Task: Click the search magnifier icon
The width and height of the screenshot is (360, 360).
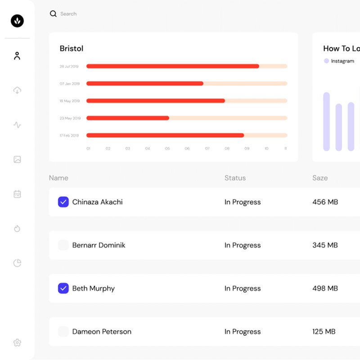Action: pos(53,14)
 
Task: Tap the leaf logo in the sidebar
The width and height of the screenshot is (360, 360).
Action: pos(17,21)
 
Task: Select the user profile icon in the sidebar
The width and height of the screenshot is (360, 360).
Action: pos(17,56)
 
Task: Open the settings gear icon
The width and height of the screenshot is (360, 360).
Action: pos(17,342)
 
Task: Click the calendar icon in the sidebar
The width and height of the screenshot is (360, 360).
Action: pos(17,194)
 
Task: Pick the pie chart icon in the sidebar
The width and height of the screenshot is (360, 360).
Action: pos(17,263)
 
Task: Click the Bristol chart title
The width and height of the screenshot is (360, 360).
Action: pos(72,49)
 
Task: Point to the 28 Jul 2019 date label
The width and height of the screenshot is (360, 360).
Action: pos(69,67)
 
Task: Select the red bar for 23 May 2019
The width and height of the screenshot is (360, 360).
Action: pos(128,118)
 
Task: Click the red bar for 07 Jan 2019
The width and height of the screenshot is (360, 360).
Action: pos(144,84)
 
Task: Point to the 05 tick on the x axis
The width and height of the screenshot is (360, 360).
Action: pos(167,148)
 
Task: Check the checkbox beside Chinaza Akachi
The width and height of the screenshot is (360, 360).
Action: pos(63,202)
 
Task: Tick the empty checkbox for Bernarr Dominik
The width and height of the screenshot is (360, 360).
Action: pos(63,245)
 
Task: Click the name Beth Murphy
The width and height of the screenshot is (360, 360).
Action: pos(93,288)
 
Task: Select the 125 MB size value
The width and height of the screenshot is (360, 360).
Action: pos(324,332)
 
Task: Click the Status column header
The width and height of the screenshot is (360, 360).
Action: pos(235,178)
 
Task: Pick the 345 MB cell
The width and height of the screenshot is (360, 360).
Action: pos(325,245)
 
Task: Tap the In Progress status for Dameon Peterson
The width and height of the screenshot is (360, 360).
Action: pos(243,332)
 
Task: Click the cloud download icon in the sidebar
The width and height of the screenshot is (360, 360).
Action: pos(17,90)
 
